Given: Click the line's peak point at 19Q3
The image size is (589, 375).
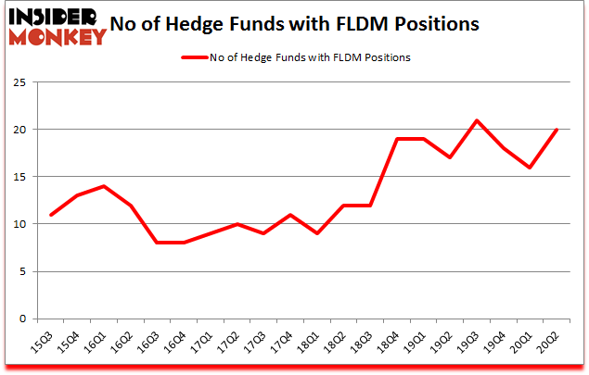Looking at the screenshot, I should (x=477, y=120).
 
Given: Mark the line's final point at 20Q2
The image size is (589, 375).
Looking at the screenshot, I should (x=557, y=130).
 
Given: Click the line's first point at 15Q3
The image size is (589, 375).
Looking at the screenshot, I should (x=51, y=215).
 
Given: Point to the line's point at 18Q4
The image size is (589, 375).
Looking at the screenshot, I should (x=397, y=139).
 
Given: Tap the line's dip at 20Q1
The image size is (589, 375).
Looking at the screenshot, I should (x=530, y=168).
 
